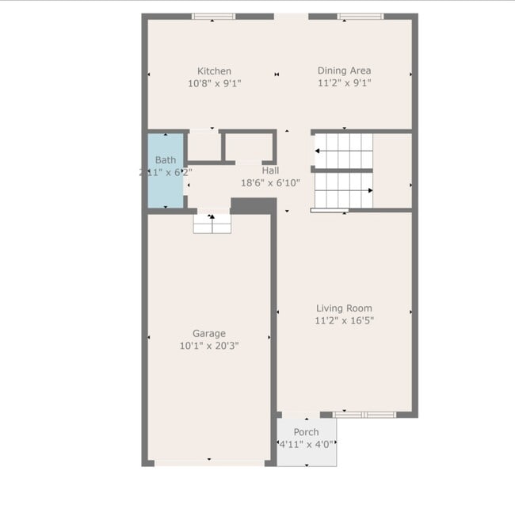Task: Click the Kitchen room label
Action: click(215, 71)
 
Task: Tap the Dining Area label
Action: click(344, 71)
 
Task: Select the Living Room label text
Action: click(344, 308)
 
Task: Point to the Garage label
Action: click(209, 333)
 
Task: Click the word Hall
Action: click(270, 170)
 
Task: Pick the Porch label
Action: click(306, 432)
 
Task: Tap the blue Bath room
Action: click(165, 170)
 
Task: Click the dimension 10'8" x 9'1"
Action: click(215, 82)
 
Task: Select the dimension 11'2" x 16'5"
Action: click(344, 320)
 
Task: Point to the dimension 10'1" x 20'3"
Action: click(209, 346)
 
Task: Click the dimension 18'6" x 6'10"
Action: click(270, 183)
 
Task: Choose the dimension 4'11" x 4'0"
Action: click(306, 444)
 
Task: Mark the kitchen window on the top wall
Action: click(213, 16)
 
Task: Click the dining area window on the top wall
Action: click(360, 16)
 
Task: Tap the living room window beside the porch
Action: click(364, 414)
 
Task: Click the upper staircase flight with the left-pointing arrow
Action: click(343, 150)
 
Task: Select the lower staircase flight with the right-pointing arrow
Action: click(343, 190)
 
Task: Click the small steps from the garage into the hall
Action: click(212, 223)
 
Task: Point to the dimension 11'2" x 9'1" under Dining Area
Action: click(344, 82)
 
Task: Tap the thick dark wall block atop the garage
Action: click(253, 205)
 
